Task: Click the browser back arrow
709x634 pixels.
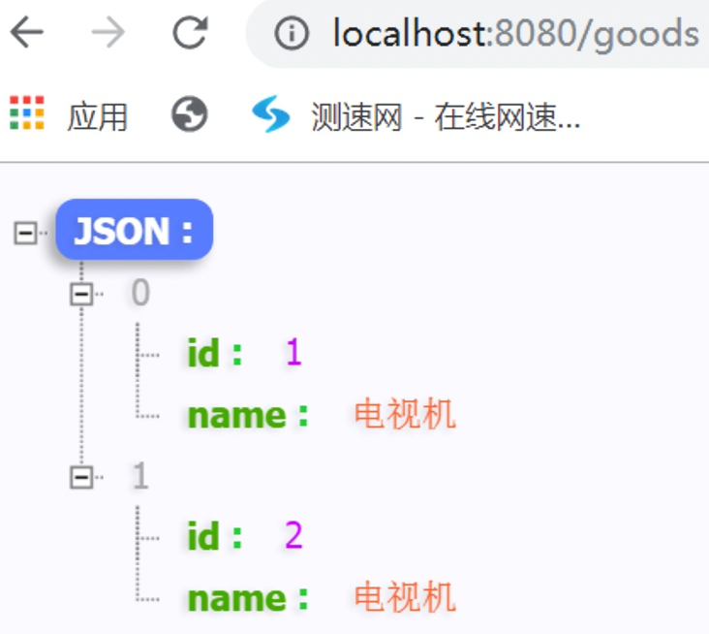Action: click(x=27, y=34)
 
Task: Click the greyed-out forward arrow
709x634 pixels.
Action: click(x=108, y=34)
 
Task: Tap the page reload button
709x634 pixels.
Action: click(x=190, y=34)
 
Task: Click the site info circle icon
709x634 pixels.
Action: click(x=291, y=35)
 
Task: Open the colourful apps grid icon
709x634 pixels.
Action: click(x=27, y=113)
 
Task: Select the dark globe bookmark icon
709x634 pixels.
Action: click(x=189, y=115)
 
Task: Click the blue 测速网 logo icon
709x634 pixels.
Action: click(x=270, y=115)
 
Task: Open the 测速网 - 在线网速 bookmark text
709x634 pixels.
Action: click(x=446, y=117)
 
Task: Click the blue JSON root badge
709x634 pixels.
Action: click(x=134, y=230)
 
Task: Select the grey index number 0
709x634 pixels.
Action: click(x=140, y=293)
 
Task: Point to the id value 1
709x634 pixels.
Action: click(x=293, y=353)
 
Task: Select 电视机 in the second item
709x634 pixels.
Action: click(x=405, y=597)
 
